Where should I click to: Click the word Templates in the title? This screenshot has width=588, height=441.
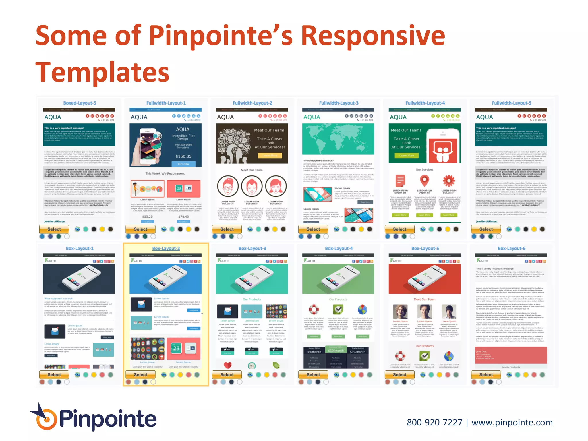point(102,72)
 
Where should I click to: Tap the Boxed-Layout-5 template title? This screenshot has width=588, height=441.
point(80,103)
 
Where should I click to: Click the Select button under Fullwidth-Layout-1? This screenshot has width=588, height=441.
point(140,229)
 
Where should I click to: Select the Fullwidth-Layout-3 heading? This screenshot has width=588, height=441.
point(339,103)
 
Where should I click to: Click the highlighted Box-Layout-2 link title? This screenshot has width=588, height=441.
point(166,248)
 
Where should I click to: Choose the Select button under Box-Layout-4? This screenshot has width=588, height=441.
point(313,375)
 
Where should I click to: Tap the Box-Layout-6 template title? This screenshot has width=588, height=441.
point(511,248)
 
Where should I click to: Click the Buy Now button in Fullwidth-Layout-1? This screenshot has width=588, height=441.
point(183,164)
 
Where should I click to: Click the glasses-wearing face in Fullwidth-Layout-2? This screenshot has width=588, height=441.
point(228,186)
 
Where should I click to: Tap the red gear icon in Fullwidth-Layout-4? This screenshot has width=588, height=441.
point(449,181)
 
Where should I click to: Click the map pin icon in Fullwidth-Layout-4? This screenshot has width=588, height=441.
point(424,181)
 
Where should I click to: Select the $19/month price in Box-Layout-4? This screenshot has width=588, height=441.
point(336,351)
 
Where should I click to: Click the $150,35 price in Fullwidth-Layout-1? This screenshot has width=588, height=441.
point(183,156)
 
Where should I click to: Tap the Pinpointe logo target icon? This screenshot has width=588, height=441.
point(46,419)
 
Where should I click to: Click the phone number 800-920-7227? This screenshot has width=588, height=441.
point(434,423)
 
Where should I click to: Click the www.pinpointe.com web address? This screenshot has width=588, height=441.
point(512,423)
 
